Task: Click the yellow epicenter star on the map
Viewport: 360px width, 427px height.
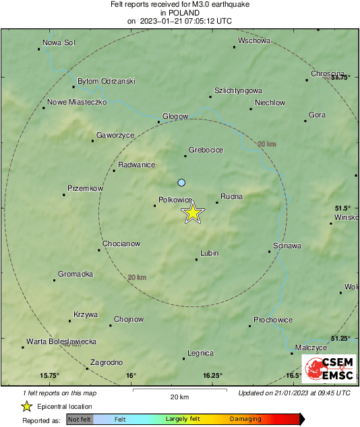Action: click(x=193, y=213)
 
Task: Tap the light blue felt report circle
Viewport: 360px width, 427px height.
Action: click(x=181, y=183)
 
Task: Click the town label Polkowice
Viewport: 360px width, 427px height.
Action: click(x=175, y=199)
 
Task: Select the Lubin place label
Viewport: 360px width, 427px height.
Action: click(x=210, y=254)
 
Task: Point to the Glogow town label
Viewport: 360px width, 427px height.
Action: click(x=175, y=116)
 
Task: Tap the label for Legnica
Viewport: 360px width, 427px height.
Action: click(x=200, y=353)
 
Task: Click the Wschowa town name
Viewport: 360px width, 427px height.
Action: click(x=253, y=40)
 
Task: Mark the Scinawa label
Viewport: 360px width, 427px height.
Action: click(x=288, y=246)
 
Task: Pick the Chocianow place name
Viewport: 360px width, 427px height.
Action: click(x=121, y=244)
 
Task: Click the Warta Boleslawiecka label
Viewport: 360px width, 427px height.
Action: click(x=61, y=341)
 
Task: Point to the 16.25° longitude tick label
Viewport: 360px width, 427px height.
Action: click(x=212, y=376)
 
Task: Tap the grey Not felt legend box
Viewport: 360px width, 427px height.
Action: click(x=80, y=419)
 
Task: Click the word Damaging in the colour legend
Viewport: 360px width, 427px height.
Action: click(x=245, y=419)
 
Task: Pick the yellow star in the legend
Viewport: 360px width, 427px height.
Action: click(x=27, y=406)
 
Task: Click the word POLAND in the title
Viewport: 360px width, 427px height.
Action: click(x=179, y=12)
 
